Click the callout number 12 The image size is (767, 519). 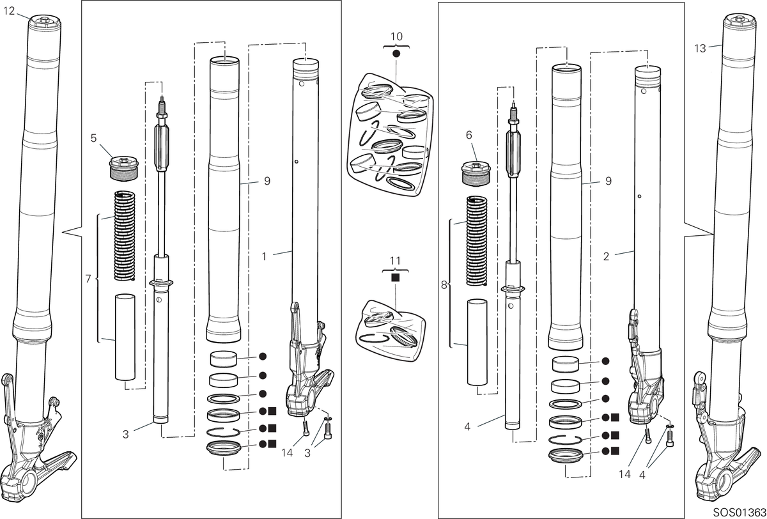tap(9, 12)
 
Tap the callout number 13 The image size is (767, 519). tap(700, 49)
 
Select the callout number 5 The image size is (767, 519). tap(93, 138)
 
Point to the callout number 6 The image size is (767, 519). tap(469, 135)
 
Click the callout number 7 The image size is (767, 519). tap(88, 279)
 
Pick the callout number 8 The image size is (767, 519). tap(444, 285)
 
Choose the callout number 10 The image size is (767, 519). tap(396, 36)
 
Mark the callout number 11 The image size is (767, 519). tap(395, 261)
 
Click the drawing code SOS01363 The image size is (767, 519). tap(740, 513)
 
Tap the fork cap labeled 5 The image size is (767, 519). tap(123, 168)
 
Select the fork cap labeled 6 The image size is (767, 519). tap(476, 175)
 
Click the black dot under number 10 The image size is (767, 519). tap(396, 54)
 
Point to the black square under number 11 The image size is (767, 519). tap(395, 277)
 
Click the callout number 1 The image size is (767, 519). tap(264, 256)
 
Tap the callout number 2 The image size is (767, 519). tap(606, 256)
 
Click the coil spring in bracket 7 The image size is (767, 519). tap(124, 235)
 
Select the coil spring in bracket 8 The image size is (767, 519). tap(477, 241)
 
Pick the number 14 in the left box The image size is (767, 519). tap(287, 453)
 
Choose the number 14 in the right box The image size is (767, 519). tap(624, 474)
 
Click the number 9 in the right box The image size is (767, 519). tap(608, 181)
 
